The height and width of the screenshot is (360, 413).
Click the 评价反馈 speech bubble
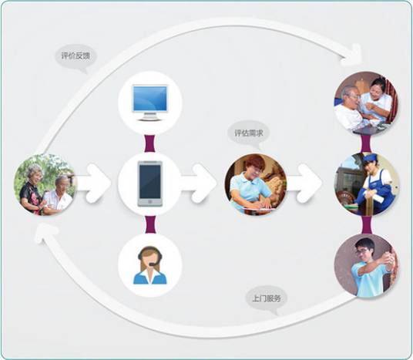(76, 56)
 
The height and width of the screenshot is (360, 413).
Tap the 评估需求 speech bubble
(249, 133)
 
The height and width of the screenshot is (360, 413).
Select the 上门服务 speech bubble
(267, 299)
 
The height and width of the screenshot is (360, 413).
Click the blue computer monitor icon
(150, 103)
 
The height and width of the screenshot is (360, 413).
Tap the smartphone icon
(150, 183)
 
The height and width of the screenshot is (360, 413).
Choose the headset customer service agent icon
(150, 265)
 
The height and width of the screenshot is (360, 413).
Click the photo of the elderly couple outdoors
(45, 184)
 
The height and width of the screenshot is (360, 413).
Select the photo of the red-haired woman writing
(256, 184)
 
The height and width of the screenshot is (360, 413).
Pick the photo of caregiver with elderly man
(366, 103)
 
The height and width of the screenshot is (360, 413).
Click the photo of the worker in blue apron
(367, 184)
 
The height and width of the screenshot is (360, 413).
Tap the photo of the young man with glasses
(367, 265)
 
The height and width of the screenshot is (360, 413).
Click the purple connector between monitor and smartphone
(150, 143)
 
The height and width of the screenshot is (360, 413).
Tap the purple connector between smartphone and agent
(150, 224)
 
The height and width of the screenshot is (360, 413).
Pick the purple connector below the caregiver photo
(366, 143)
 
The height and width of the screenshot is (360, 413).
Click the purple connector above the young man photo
(367, 225)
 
